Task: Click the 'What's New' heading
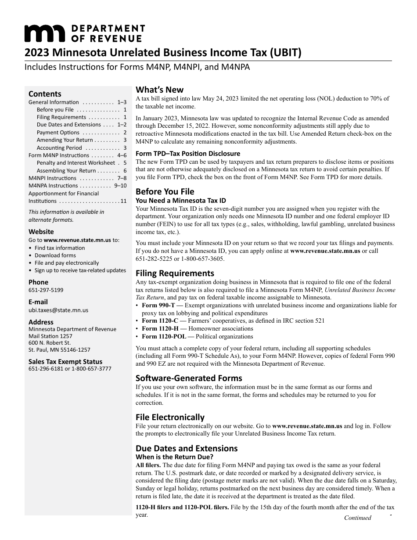159,90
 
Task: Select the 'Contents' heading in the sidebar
45,94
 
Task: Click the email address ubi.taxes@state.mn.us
58,310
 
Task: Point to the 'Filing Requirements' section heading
175,273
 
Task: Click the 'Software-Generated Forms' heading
189,378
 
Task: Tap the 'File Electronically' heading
170,417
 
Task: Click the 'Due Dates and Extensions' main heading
187,448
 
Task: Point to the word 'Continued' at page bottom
357,518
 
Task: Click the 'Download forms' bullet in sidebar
55,256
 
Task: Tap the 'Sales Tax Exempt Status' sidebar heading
65,362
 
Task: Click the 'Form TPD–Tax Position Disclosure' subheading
188,154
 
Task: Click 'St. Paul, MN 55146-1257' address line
59,350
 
